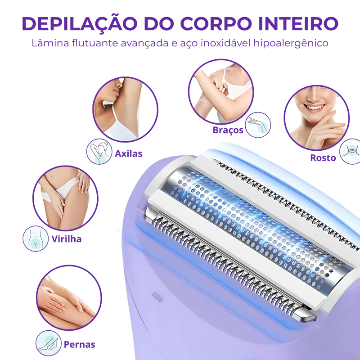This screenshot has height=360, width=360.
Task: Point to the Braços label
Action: tap(228, 130)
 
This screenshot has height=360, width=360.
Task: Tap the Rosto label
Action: tap(323, 158)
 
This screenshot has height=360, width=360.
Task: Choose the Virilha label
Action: tap(67, 239)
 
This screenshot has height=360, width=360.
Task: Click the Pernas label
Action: tap(79, 345)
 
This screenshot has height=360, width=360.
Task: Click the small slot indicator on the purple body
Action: tap(157, 296)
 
